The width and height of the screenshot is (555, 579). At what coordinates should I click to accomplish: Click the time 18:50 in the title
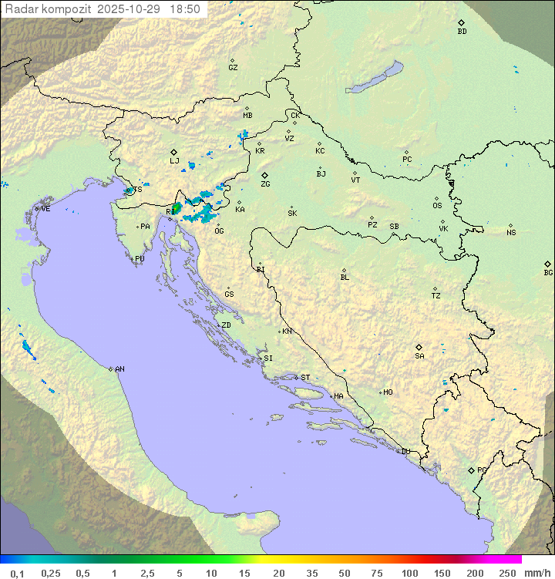coord(186,9)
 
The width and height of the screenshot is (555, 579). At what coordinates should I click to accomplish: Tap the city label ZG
coord(265,184)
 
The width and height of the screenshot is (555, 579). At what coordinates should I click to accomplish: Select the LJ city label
coord(174,161)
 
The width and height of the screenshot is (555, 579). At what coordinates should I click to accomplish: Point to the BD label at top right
coord(462,32)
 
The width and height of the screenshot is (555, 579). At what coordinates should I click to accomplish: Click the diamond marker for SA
coord(419,347)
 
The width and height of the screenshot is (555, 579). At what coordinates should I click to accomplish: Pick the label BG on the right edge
coord(548,272)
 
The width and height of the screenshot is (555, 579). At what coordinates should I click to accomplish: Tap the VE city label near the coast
coord(45,209)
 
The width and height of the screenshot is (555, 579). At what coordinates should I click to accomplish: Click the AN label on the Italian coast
coord(119,369)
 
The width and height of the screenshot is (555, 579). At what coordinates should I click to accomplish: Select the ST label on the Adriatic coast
coord(305,378)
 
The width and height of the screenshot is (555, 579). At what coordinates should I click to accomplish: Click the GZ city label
coord(233,68)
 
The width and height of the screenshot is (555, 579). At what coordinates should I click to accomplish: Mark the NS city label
coord(511,233)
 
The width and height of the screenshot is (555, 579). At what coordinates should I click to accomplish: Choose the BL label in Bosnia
coord(345,278)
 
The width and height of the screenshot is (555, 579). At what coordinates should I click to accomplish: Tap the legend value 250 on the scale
coord(507,573)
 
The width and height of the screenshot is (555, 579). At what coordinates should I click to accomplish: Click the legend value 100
coord(409,573)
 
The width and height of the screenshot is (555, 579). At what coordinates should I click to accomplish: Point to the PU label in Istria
coord(140,259)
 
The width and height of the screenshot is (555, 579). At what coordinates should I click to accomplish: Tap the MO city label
coord(388,392)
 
